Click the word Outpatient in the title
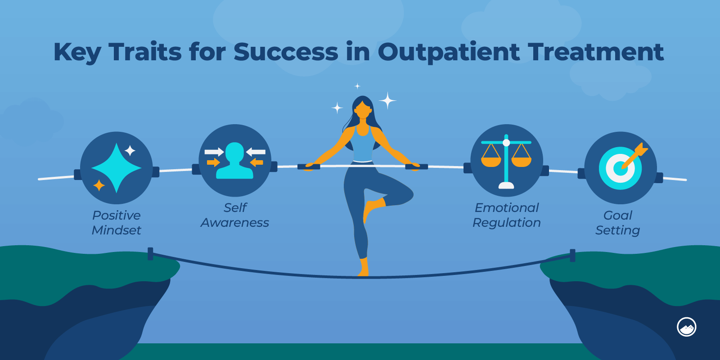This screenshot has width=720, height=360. pyautogui.click(x=449, y=52)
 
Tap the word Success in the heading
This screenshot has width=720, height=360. pyautogui.click(x=286, y=52)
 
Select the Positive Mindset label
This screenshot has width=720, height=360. pyautogui.click(x=117, y=223)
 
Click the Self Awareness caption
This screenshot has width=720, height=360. pyautogui.click(x=235, y=215)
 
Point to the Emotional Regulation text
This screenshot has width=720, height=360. pyautogui.click(x=507, y=215)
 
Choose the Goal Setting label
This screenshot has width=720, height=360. pyautogui.click(x=617, y=223)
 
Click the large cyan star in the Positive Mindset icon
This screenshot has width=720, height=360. pyautogui.click(x=117, y=168)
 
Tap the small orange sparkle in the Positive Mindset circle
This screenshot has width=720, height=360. pyautogui.click(x=99, y=185)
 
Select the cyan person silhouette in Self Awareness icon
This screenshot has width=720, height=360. pyautogui.click(x=234, y=162)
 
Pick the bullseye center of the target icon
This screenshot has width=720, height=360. pyautogui.click(x=620, y=169)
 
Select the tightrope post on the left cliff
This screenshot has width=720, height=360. pyautogui.click(x=150, y=253)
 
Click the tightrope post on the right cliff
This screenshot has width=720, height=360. pyautogui.click(x=572, y=255)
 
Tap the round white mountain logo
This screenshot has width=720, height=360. pyautogui.click(x=687, y=327)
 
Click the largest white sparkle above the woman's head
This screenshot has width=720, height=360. pyautogui.click(x=387, y=100)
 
